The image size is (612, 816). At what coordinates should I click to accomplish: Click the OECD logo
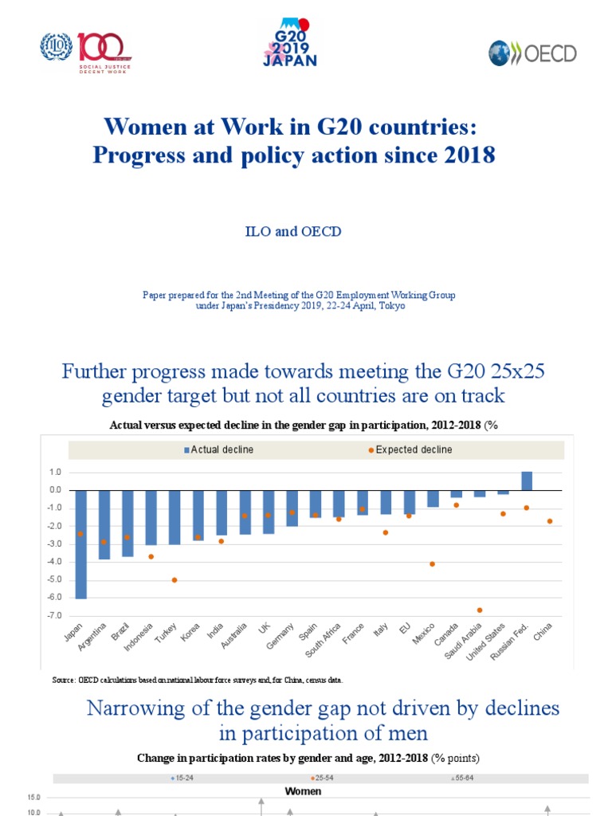[x=532, y=53]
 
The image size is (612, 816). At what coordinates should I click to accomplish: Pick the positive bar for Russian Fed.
[x=527, y=481]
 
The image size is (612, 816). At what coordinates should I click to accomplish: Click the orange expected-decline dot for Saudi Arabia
[x=481, y=610]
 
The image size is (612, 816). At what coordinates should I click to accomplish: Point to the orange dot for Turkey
[x=175, y=579]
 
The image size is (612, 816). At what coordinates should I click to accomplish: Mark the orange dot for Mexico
[x=433, y=563]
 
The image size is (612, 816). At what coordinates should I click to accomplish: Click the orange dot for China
[x=550, y=521]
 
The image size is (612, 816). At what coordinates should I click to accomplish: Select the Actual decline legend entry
[x=219, y=450]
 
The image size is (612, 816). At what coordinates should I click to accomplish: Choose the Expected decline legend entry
[x=410, y=450]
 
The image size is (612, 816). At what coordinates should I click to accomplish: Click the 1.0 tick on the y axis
[x=53, y=473]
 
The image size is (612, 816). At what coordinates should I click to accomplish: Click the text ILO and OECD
[x=292, y=230]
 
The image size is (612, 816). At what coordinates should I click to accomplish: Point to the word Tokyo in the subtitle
[x=378, y=306]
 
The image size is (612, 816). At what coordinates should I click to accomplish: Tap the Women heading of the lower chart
[x=304, y=791]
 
